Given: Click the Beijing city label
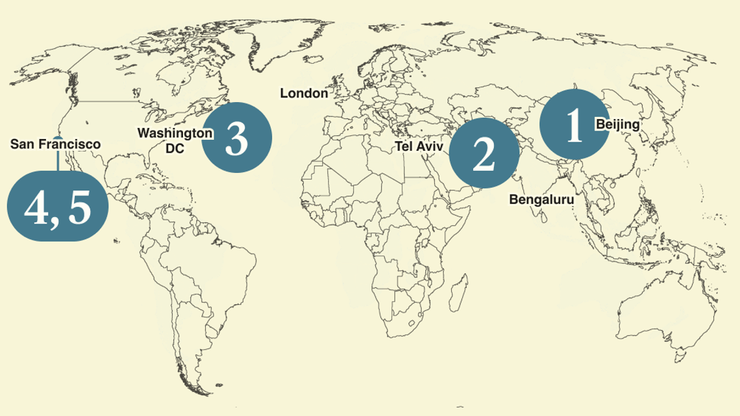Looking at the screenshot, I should coord(617,124).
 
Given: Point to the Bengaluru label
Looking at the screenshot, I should coord(541,200).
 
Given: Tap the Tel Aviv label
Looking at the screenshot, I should coord(419,147).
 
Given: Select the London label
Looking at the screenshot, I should coord(304,94).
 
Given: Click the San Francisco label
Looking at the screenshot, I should coord(55,144).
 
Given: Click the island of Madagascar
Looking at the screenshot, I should coord(458,290).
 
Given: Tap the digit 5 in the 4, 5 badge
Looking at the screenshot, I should coord(79,208).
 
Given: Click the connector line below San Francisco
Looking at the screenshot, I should coord(57,158).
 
